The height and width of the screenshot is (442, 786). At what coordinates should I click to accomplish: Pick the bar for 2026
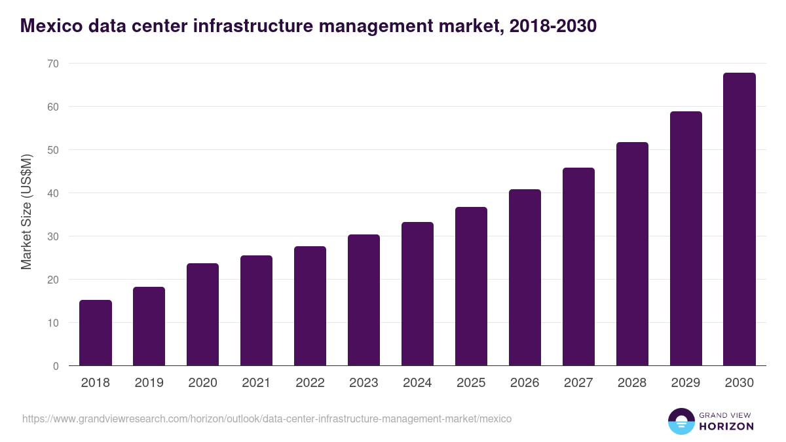coord(525,278)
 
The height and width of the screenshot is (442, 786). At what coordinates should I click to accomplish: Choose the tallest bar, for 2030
coord(739,219)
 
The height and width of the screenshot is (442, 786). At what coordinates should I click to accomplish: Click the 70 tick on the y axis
coord(52,64)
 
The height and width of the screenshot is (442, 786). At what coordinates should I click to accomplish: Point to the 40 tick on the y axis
coord(52,193)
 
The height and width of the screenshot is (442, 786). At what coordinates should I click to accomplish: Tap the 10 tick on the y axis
coord(52,323)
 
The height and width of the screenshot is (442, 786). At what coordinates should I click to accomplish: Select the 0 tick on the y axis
coord(56,366)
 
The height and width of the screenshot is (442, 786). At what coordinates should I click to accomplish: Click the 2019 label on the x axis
coord(149,383)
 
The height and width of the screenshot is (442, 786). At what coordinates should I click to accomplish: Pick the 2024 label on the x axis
coord(417,383)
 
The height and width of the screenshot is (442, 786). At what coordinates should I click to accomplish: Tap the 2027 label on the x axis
coord(578,383)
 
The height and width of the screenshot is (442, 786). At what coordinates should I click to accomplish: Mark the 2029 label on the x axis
coord(686,383)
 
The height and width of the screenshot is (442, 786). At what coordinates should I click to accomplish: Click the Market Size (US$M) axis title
coord(26,212)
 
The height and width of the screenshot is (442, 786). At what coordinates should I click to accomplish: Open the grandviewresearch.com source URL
coord(267,418)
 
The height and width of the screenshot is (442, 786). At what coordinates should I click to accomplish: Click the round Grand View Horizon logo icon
coord(681,421)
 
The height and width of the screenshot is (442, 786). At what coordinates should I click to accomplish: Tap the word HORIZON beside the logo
coord(726,426)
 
